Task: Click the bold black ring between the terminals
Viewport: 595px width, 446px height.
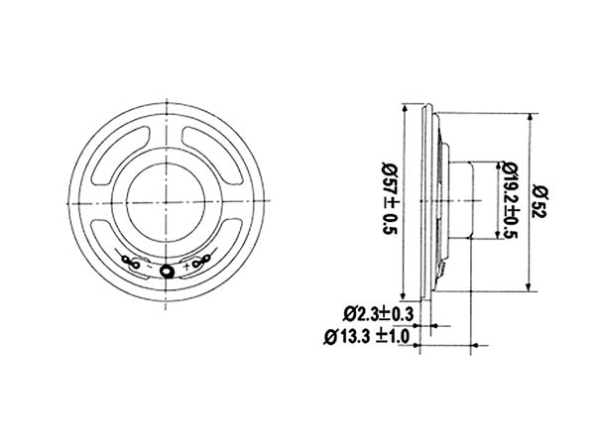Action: tap(168, 270)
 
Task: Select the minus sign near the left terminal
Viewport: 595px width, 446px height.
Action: tap(148, 265)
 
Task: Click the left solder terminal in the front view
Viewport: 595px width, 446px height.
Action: tap(130, 263)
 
